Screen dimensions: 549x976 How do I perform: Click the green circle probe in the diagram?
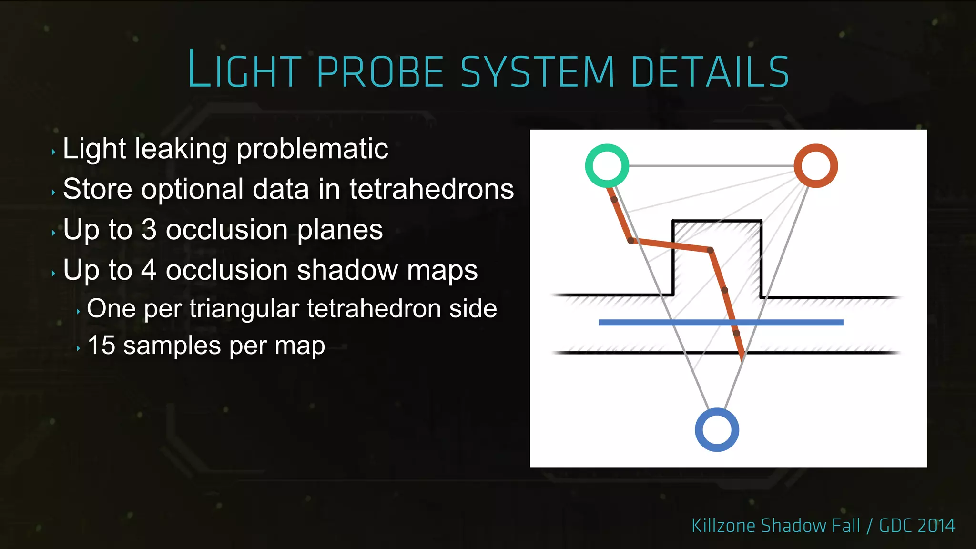[x=607, y=166]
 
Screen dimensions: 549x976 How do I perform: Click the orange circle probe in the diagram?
[x=816, y=166]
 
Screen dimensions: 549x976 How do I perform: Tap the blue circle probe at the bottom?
[x=717, y=430]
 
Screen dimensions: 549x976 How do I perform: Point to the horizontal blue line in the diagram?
[x=667, y=323]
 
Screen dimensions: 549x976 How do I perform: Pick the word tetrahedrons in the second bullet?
[x=431, y=189]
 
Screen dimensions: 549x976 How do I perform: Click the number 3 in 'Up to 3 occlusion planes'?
[x=149, y=230]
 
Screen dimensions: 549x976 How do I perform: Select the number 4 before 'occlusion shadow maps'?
[x=149, y=270]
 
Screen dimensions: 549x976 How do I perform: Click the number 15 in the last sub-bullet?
[x=102, y=345]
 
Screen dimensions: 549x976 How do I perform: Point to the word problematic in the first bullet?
[x=312, y=149]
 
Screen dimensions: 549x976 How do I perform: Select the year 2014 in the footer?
[x=936, y=526]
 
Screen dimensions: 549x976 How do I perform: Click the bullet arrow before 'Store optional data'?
[x=53, y=193]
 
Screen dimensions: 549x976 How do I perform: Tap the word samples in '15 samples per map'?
[x=172, y=346]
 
